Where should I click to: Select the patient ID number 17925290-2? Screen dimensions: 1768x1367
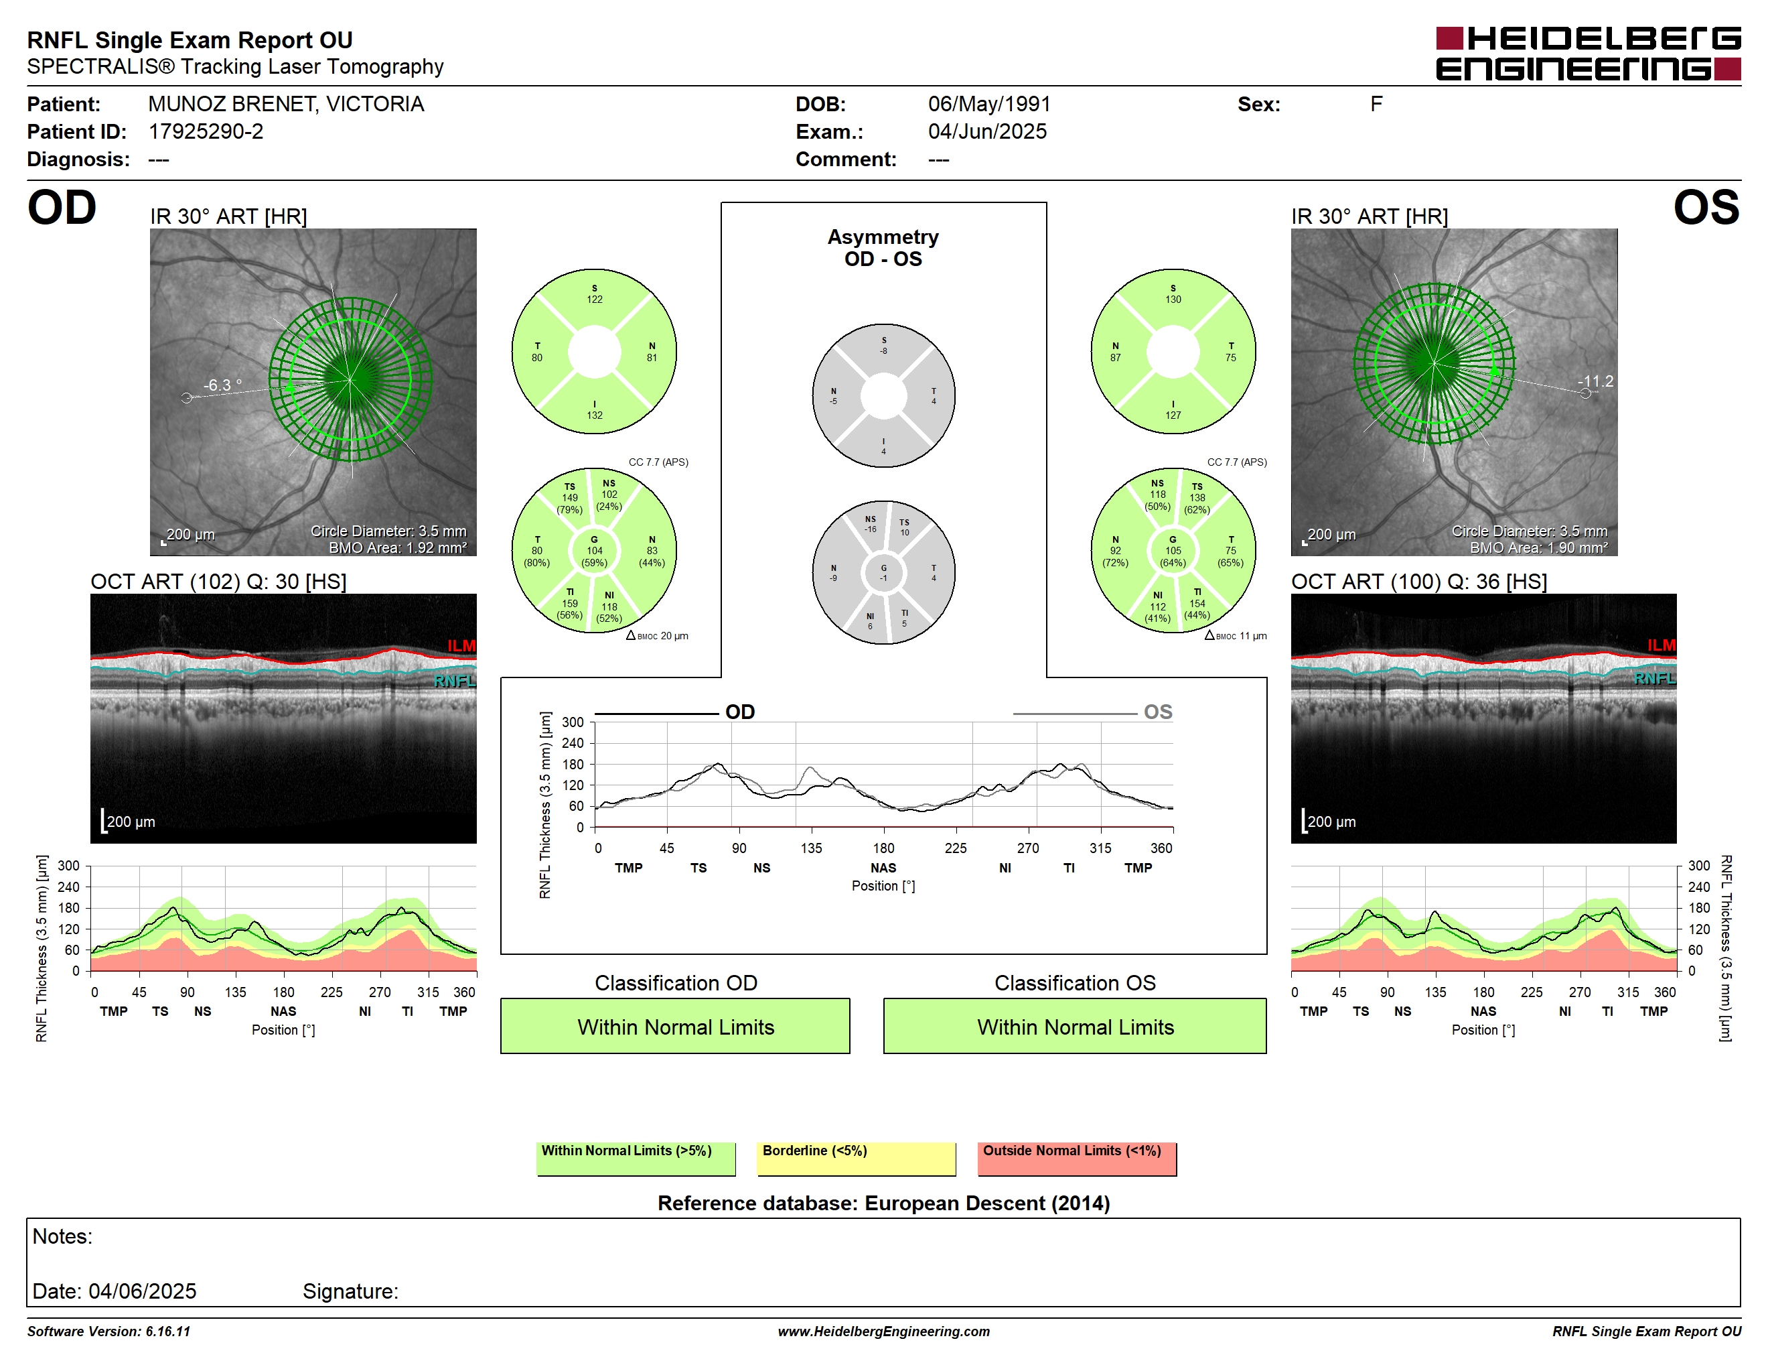pyautogui.click(x=206, y=131)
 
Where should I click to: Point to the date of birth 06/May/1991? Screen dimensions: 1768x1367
pyautogui.click(x=989, y=104)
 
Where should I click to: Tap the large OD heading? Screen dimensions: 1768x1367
pyautogui.click(x=62, y=208)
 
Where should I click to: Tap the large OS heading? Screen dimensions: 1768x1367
pyautogui.click(x=1706, y=208)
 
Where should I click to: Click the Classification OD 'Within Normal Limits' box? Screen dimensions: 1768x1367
pyautogui.click(x=675, y=1026)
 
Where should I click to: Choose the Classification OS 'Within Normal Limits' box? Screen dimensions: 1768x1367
pyautogui.click(x=1074, y=1026)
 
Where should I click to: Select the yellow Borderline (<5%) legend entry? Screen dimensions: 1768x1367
pyautogui.click(x=856, y=1158)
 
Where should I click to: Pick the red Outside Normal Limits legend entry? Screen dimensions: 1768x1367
pyautogui.click(x=1077, y=1158)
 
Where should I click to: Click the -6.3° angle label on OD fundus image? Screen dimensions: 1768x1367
pyautogui.click(x=222, y=385)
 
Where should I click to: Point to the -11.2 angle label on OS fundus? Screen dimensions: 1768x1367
pyautogui.click(x=1595, y=381)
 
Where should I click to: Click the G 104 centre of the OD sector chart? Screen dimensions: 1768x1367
pyautogui.click(x=594, y=551)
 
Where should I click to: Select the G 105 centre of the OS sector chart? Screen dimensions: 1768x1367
pyautogui.click(x=1173, y=551)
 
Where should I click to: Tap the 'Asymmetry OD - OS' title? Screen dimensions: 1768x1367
pyautogui.click(x=883, y=248)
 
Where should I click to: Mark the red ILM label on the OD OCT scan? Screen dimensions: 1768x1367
pyautogui.click(x=461, y=645)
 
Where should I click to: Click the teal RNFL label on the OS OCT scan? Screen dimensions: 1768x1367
pyautogui.click(x=1654, y=678)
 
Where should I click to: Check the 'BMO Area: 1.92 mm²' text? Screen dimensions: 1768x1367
pyautogui.click(x=398, y=548)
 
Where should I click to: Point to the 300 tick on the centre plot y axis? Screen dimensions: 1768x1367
pyautogui.click(x=573, y=722)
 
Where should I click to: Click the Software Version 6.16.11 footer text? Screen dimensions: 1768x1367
pyautogui.click(x=108, y=1331)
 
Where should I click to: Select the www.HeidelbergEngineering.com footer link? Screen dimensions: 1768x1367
pyautogui.click(x=883, y=1331)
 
